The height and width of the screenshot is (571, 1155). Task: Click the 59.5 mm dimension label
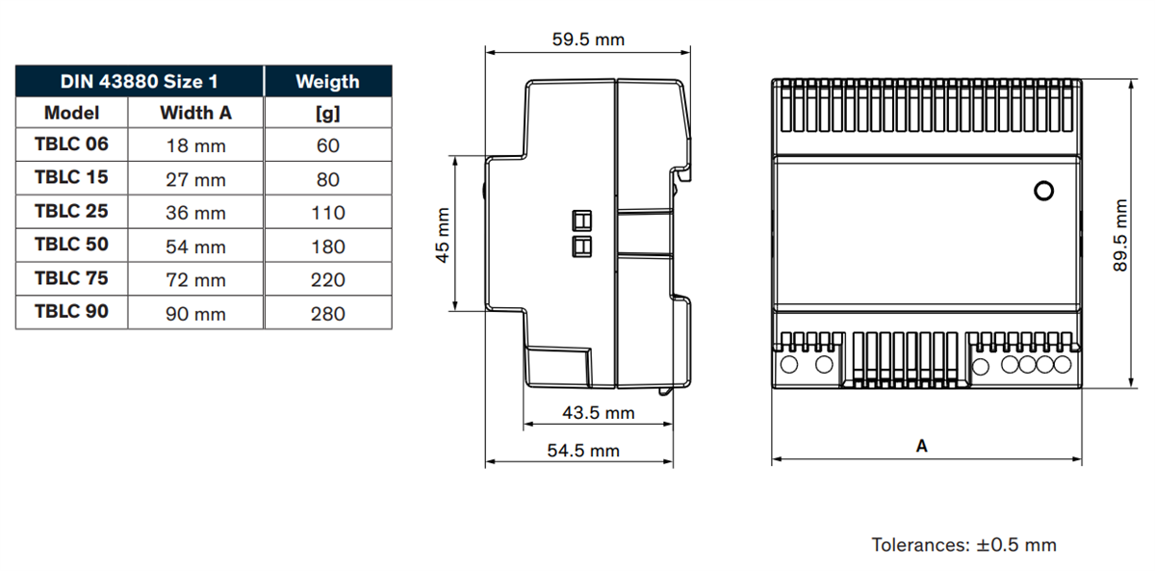(x=587, y=39)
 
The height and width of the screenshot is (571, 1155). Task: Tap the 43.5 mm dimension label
(x=598, y=412)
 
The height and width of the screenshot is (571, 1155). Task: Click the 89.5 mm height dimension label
(x=1120, y=236)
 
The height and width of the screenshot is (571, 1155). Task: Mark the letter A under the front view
(x=921, y=446)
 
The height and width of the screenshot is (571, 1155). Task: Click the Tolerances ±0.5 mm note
(x=963, y=545)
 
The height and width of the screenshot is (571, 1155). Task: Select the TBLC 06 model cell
(x=71, y=144)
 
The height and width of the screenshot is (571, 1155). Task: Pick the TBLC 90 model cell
(x=71, y=312)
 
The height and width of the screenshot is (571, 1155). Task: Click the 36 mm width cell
(x=195, y=213)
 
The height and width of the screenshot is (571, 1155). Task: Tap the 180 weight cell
(x=327, y=247)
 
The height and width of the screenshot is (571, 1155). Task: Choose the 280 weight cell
(x=327, y=313)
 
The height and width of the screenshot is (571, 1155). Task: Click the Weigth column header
(x=327, y=81)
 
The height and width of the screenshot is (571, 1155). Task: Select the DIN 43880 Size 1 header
(x=139, y=81)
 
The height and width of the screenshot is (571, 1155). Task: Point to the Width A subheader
(x=195, y=113)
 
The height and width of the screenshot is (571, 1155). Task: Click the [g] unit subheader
(x=327, y=113)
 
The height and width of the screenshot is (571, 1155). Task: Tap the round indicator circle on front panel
(x=1042, y=191)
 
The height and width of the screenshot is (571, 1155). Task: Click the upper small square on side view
(x=582, y=219)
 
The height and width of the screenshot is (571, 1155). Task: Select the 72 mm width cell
(x=195, y=280)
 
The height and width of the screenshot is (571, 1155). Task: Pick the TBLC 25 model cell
(x=71, y=212)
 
